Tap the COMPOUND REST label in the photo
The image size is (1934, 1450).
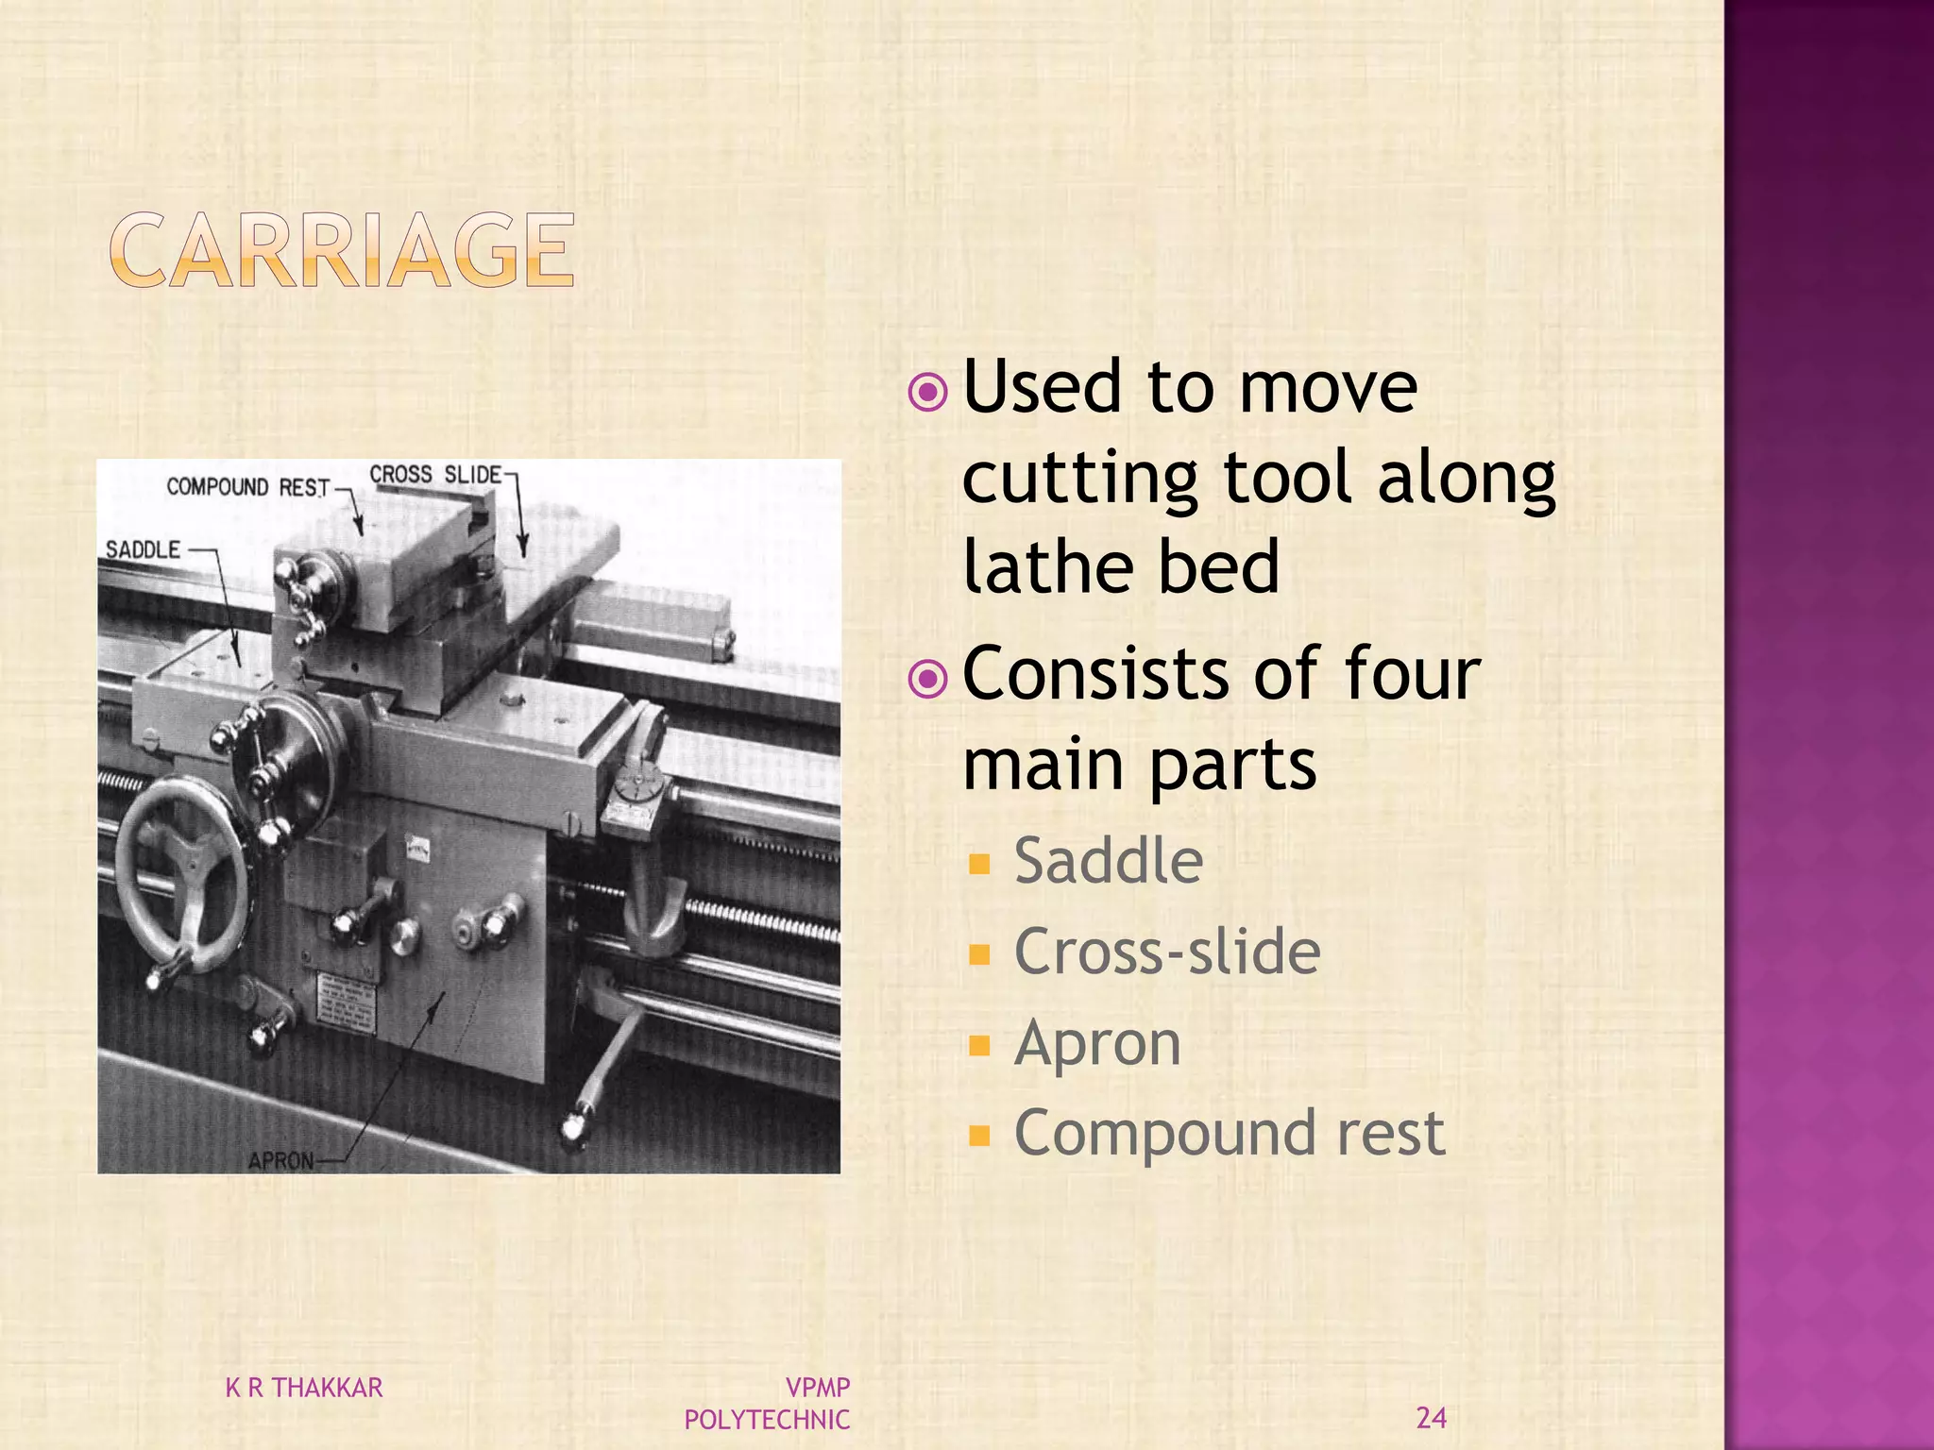pos(247,487)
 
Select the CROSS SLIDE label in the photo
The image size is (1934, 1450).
pos(434,475)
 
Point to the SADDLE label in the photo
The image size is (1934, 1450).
pos(143,549)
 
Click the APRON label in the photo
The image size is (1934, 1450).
pos(280,1160)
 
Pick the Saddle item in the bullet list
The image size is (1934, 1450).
pos(1108,861)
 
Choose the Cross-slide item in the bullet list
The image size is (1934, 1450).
pos(1167,952)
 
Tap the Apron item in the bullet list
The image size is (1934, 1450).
pos(1097,1043)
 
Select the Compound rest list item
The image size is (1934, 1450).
pos(1229,1133)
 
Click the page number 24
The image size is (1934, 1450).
pos(1431,1418)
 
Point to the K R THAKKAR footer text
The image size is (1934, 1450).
pos(304,1388)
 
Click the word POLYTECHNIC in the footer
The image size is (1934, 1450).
pos(767,1420)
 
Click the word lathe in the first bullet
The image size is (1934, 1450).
pos(1045,566)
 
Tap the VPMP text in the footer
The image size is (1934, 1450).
pos(818,1388)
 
